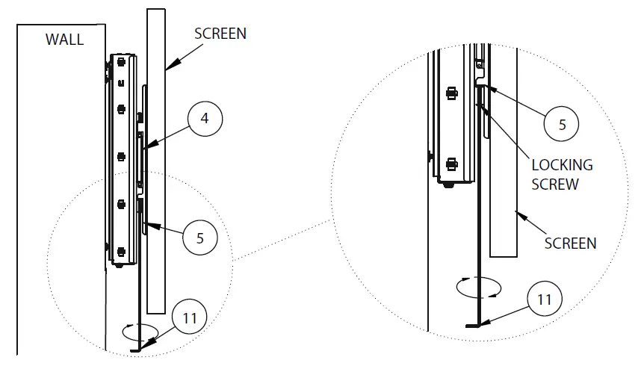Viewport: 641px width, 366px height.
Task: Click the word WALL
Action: [65, 40]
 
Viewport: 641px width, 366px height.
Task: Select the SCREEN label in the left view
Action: [220, 34]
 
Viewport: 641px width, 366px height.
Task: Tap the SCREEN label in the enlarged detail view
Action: [570, 243]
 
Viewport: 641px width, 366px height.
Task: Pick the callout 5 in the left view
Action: [199, 238]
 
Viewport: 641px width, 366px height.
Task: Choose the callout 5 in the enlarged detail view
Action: [562, 125]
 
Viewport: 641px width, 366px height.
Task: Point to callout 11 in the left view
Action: [191, 316]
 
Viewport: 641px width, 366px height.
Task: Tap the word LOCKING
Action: [561, 165]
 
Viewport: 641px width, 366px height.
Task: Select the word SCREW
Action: [554, 184]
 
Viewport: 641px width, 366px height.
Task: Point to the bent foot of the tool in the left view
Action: [135, 349]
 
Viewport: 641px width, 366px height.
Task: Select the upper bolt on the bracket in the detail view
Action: [450, 93]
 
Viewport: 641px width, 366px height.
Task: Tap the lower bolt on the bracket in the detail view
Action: [450, 164]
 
